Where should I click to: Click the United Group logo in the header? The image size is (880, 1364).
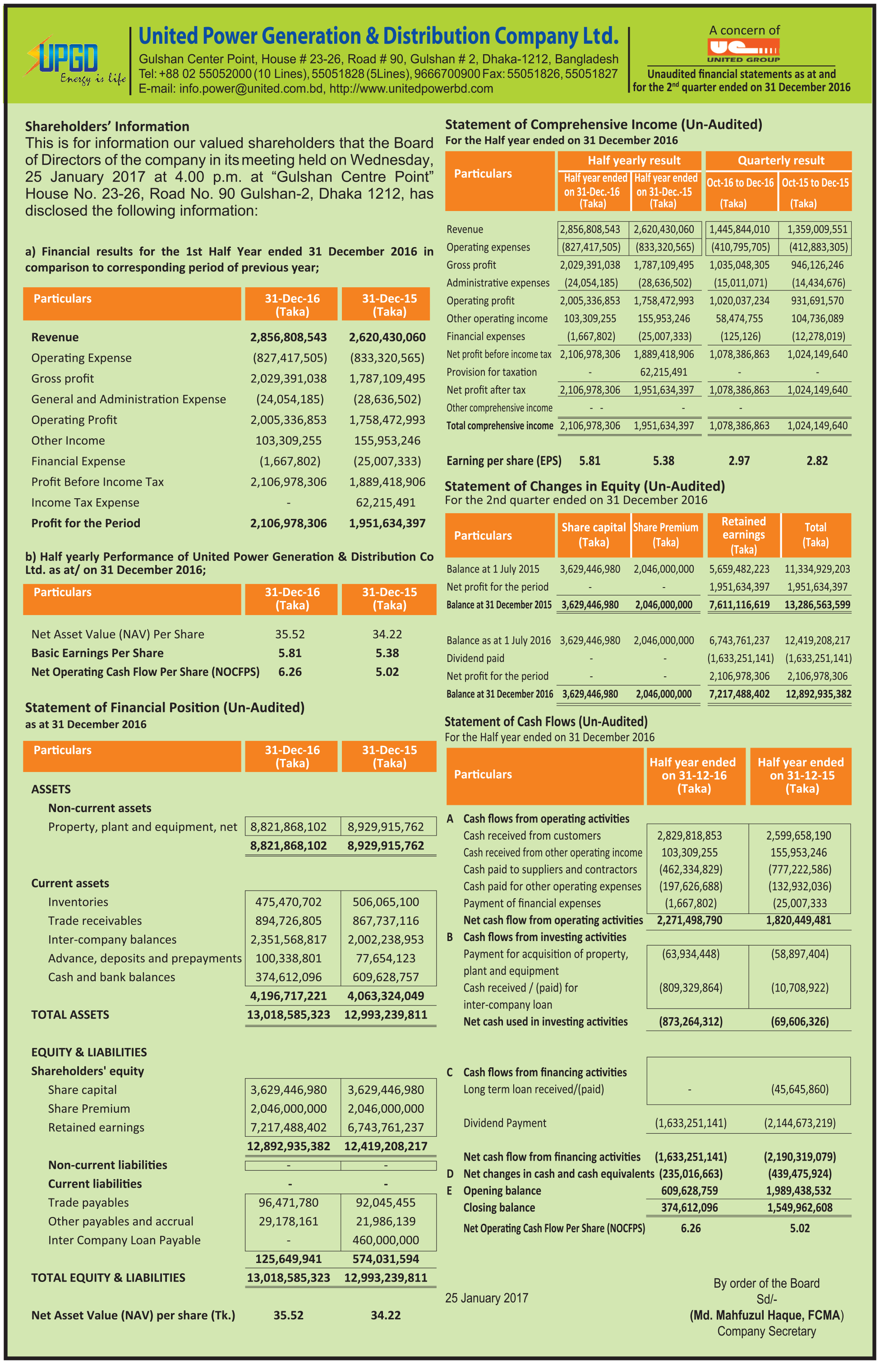coord(743,49)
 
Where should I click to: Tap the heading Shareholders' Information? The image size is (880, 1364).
coord(107,126)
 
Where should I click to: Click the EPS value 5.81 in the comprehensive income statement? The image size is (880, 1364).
coord(590,460)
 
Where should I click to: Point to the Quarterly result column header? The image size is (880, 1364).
coord(781,161)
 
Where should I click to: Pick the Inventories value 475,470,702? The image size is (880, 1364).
coord(288,902)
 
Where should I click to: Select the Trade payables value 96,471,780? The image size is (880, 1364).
coord(288,1203)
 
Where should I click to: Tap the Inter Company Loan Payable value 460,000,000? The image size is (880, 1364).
coord(386,1240)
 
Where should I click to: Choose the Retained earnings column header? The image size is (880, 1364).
coord(743,535)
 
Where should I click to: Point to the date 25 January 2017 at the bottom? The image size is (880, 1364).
coord(486,1298)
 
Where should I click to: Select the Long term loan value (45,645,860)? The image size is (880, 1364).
coord(799,1089)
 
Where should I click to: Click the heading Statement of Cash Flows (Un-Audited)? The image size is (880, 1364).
coord(546,721)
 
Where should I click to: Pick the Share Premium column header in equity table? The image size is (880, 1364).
coord(666,535)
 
